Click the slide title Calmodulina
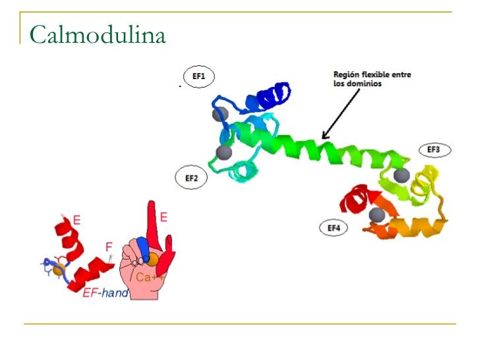click(x=98, y=34)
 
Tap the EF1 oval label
click(x=198, y=77)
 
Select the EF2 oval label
click(x=192, y=178)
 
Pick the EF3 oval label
click(x=434, y=150)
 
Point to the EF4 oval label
click(x=334, y=228)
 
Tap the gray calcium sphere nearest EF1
click(x=220, y=114)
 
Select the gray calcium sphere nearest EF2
click(x=224, y=152)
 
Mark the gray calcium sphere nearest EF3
click(x=401, y=175)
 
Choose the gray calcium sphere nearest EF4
click(x=377, y=214)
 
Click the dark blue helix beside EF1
click(x=270, y=98)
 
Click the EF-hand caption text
click(x=105, y=292)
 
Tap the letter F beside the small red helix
click(x=109, y=247)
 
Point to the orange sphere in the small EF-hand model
click(x=59, y=269)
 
